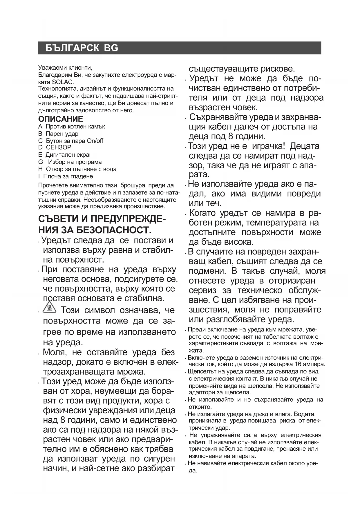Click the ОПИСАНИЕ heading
coord(61,119)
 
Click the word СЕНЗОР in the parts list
coord(59,147)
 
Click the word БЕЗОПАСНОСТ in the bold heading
coord(113,230)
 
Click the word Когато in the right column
coord(203,213)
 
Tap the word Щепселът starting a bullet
coord(202,372)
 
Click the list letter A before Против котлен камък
coord(40,127)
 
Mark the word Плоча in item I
coord(52,176)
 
